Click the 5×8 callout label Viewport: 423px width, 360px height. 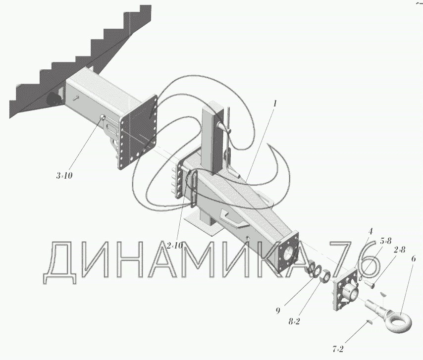[385, 242]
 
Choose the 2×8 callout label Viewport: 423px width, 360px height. [400, 250]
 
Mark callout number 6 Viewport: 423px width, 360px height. [413, 258]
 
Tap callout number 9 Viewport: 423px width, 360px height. [278, 311]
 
